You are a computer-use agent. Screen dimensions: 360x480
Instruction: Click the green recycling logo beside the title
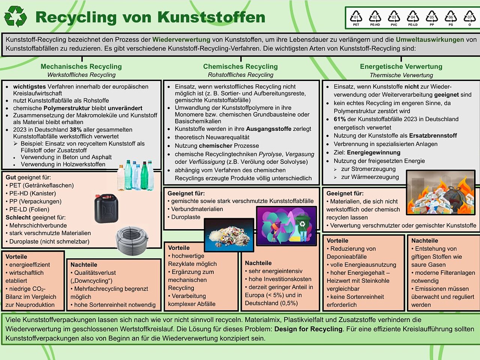coord(15,16)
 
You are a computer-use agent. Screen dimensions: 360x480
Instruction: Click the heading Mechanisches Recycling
coord(81,66)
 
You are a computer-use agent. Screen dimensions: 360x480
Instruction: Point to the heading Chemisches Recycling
coord(240,66)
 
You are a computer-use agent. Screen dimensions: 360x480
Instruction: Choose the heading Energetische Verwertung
coord(401,66)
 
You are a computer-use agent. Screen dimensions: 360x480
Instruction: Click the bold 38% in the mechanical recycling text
coord(76,130)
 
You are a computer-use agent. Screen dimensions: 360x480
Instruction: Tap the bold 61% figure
coord(340,119)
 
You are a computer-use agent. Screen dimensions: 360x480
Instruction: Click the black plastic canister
coord(106,208)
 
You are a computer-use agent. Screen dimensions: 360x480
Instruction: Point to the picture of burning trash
coord(440,193)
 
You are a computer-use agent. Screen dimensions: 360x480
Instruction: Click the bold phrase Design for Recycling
coord(308,329)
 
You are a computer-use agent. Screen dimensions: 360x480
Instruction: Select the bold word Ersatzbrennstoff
coord(433,135)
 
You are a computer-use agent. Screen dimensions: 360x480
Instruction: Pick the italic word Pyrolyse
coord(270,154)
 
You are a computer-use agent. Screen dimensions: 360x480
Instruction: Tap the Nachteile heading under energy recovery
coord(424,241)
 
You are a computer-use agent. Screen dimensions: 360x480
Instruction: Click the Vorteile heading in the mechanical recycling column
coord(16,257)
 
